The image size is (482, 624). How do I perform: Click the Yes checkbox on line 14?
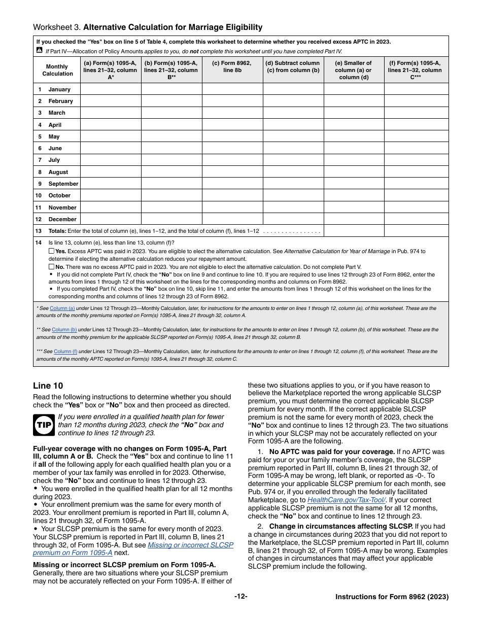point(51,251)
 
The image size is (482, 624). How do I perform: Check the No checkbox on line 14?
point(51,266)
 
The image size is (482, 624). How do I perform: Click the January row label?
point(59,89)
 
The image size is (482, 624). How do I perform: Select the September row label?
point(63,184)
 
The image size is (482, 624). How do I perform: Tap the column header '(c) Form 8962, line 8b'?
point(232,66)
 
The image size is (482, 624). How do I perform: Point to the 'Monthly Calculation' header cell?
point(57,70)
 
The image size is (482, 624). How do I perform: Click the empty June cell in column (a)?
point(111,148)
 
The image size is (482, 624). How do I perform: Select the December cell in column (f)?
point(416,219)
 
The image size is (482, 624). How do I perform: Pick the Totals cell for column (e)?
point(354,231)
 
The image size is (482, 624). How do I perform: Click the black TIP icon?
point(43,425)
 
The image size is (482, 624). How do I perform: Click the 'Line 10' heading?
point(48,386)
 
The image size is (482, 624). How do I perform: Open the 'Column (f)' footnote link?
point(65,351)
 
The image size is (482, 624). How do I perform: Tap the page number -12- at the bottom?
point(240,597)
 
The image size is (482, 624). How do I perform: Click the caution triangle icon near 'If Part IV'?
point(40,51)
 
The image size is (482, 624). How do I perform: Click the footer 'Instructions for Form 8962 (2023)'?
point(392,597)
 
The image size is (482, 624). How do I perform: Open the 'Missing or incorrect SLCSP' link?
point(190,545)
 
